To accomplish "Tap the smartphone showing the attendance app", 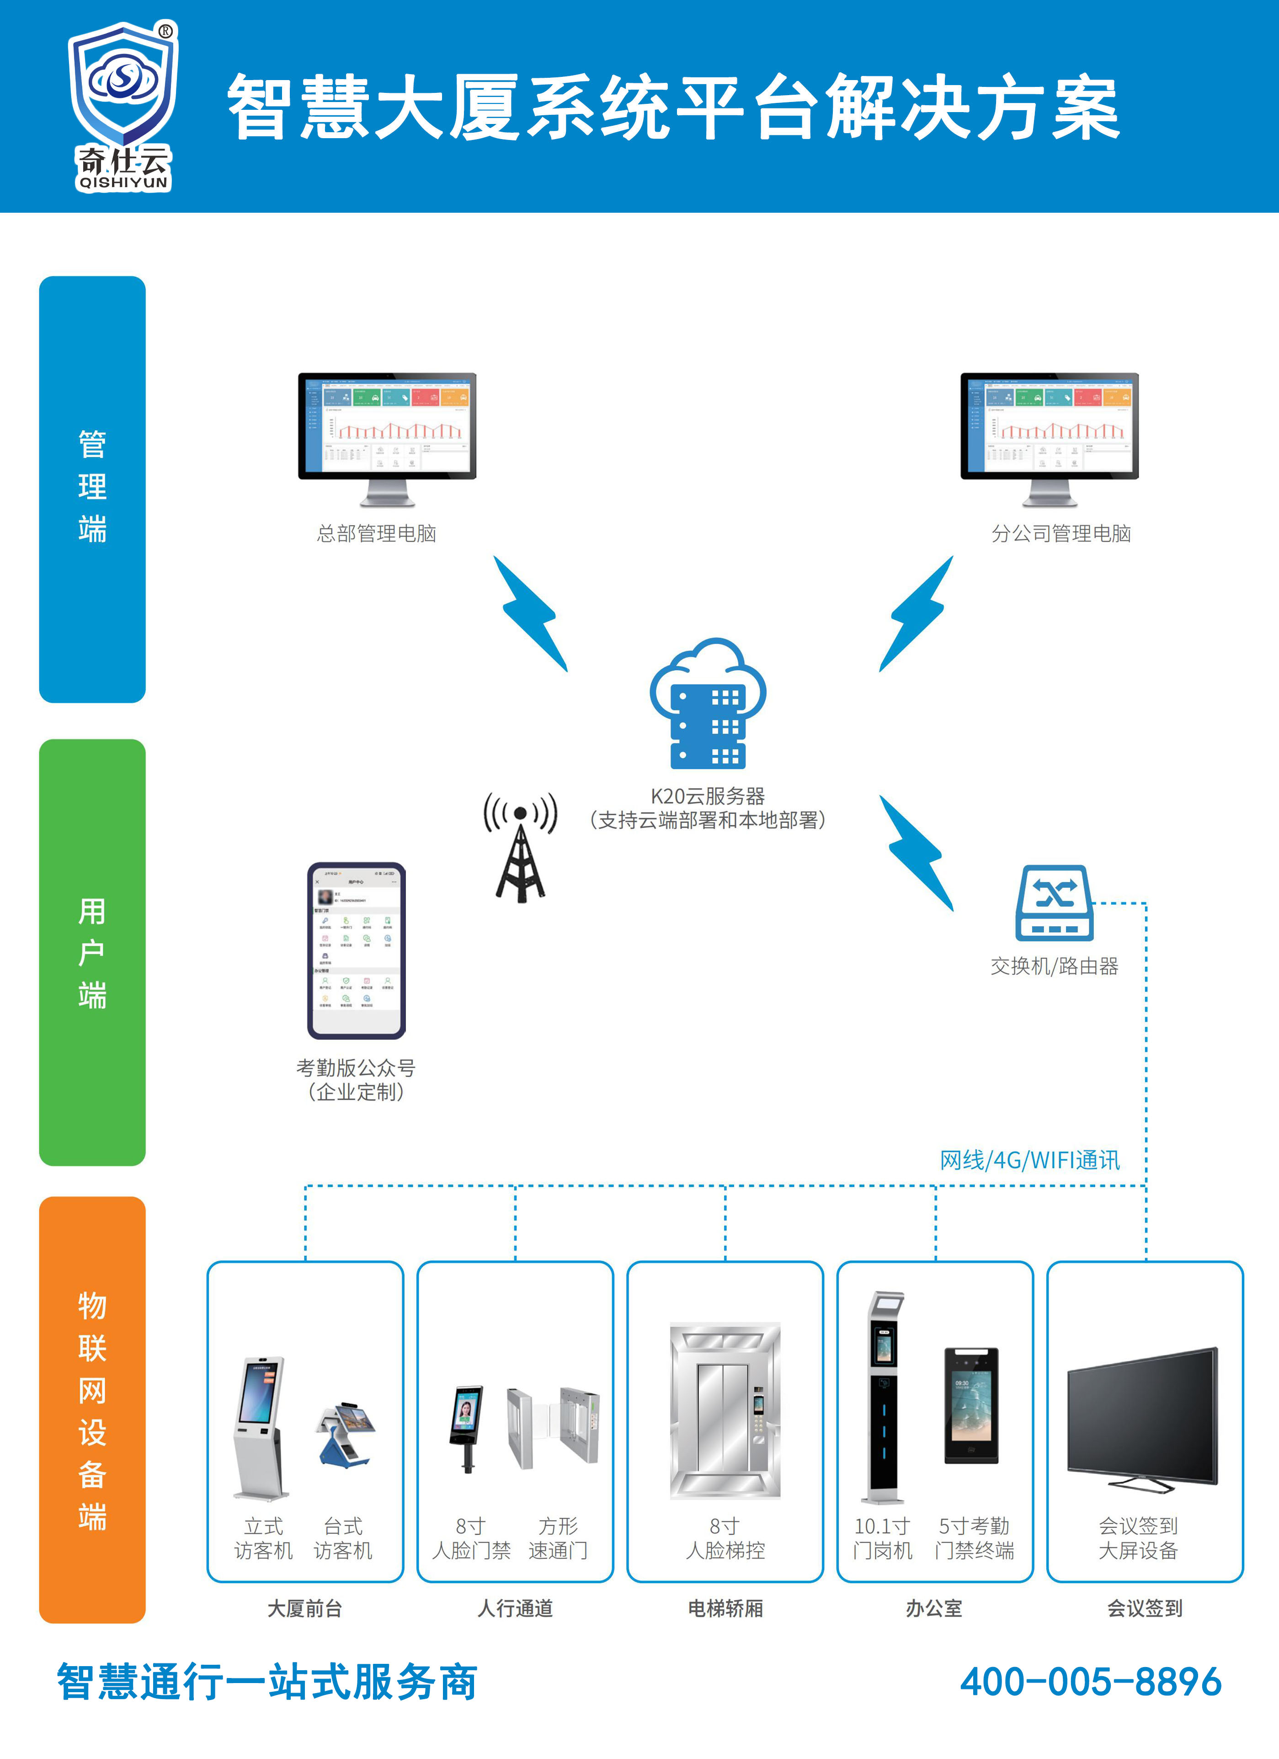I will (357, 950).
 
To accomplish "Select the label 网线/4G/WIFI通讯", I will (1029, 1160).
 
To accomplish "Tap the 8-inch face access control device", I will (468, 1427).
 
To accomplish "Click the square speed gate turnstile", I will (554, 1426).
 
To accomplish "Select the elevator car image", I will (725, 1411).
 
